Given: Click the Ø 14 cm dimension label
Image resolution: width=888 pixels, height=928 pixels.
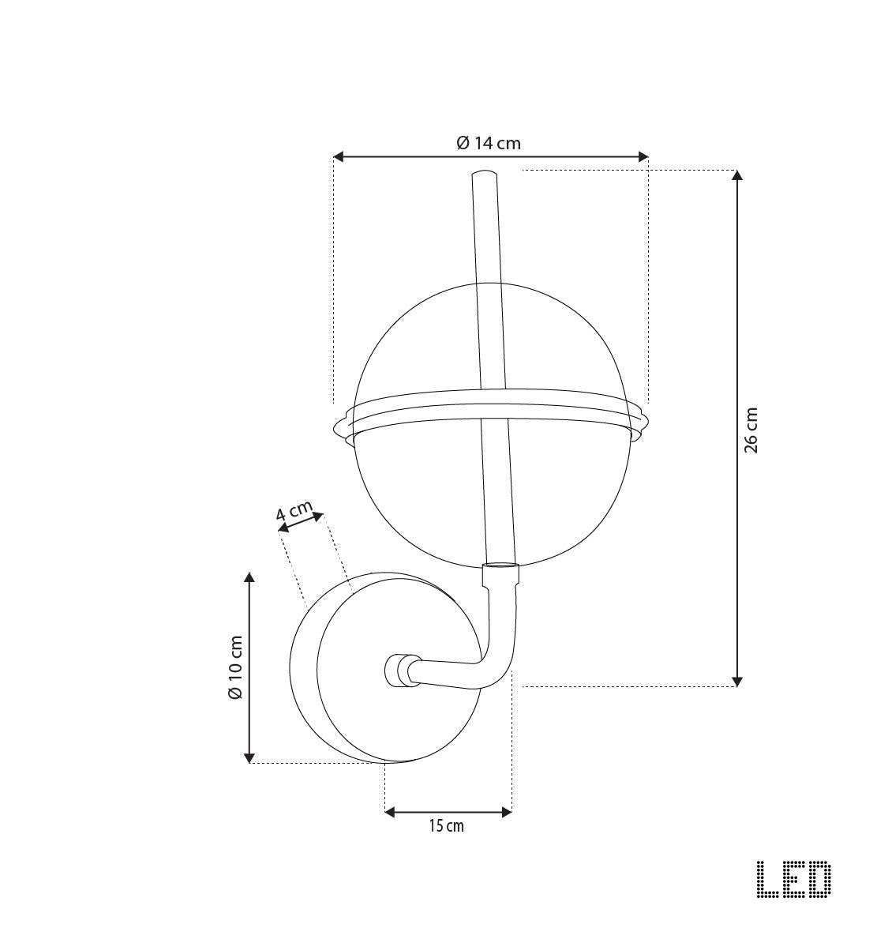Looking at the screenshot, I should pyautogui.click(x=489, y=143).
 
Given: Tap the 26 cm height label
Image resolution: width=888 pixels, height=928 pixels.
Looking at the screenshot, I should pyautogui.click(x=751, y=430).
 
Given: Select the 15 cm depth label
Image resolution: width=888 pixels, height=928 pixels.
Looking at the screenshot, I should pyautogui.click(x=447, y=826).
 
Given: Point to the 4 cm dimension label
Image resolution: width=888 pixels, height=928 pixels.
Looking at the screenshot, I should pyautogui.click(x=294, y=513).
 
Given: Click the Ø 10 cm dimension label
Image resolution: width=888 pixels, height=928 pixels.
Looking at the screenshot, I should pyautogui.click(x=234, y=667).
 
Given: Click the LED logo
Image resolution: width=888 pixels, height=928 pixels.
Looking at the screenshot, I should pyautogui.click(x=793, y=879).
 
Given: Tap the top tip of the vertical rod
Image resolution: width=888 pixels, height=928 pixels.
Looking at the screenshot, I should pyautogui.click(x=484, y=174).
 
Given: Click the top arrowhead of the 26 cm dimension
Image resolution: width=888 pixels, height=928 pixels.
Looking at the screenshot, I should pyautogui.click(x=737, y=175).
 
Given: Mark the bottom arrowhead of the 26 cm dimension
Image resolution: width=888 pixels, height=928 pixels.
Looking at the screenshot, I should pyautogui.click(x=737, y=681).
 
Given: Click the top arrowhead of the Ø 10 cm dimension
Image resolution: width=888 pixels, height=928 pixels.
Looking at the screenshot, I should pyautogui.click(x=249, y=578).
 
